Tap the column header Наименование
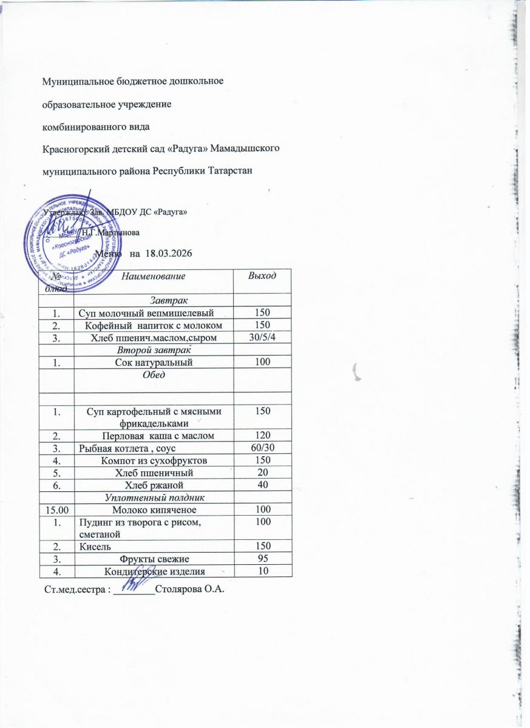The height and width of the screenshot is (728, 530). coord(153,277)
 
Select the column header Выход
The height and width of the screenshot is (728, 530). coord(263,276)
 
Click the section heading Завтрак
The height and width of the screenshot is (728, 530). coord(153,300)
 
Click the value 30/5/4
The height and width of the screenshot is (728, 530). coord(263,337)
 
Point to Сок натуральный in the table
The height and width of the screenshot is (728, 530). coord(153,362)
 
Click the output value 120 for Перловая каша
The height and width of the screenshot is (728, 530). coord(263,436)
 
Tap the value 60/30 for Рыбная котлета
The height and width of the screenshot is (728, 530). coord(263,448)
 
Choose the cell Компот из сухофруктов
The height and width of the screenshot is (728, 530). coord(153,460)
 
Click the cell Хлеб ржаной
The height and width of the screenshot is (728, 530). coord(153,485)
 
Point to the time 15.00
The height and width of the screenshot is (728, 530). coord(56,509)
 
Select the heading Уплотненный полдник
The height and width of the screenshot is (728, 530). coord(153,497)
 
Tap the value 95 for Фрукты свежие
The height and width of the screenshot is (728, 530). coord(263,559)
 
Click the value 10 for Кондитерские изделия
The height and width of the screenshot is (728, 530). coord(263,571)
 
